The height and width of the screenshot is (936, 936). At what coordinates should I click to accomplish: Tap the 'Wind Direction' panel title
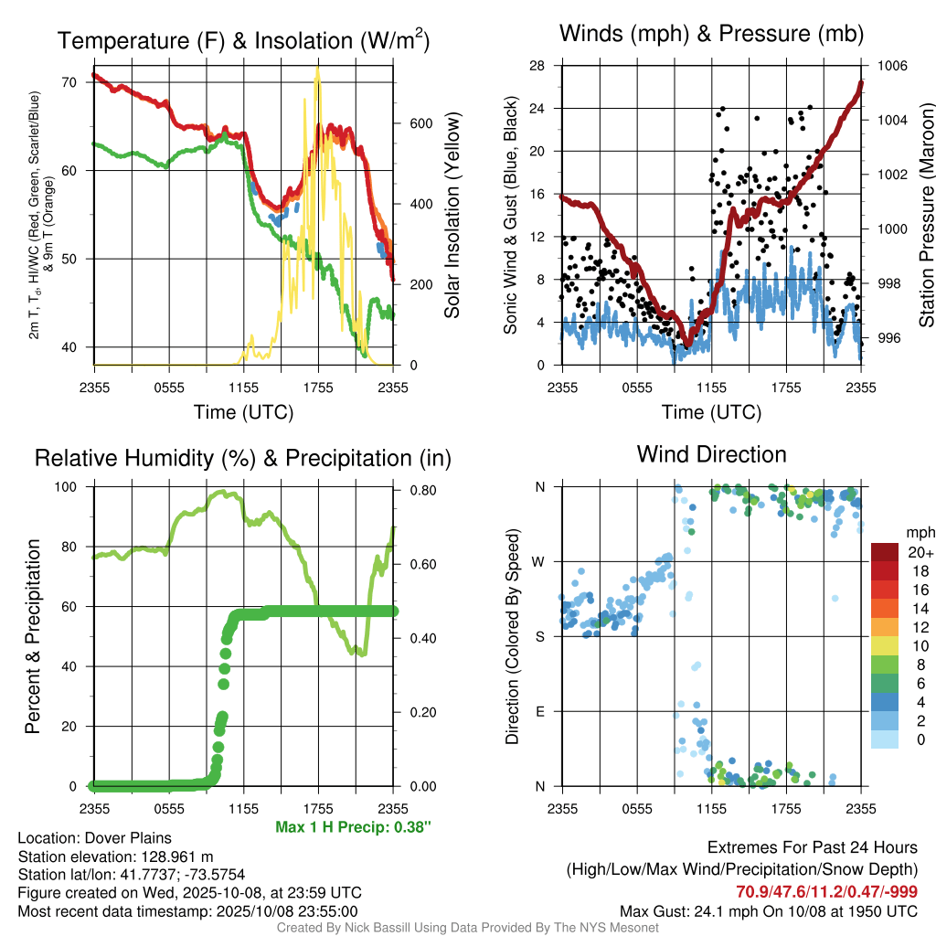[711, 454]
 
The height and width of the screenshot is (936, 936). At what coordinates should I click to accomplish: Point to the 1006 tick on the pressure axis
[892, 66]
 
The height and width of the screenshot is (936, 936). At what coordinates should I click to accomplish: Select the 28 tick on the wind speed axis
[537, 66]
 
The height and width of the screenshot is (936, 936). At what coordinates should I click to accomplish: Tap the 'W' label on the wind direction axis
[540, 561]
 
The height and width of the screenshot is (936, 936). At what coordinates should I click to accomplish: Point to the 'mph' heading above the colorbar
[919, 532]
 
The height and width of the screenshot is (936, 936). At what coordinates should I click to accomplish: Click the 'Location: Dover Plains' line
[94, 838]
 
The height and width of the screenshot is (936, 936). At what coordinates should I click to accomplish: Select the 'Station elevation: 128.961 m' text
[115, 856]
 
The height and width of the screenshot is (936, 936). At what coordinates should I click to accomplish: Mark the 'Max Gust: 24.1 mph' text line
[769, 910]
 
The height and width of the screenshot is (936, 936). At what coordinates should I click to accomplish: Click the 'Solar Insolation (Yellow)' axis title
[452, 215]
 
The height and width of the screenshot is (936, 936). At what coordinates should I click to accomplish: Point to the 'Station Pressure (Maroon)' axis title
[926, 215]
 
